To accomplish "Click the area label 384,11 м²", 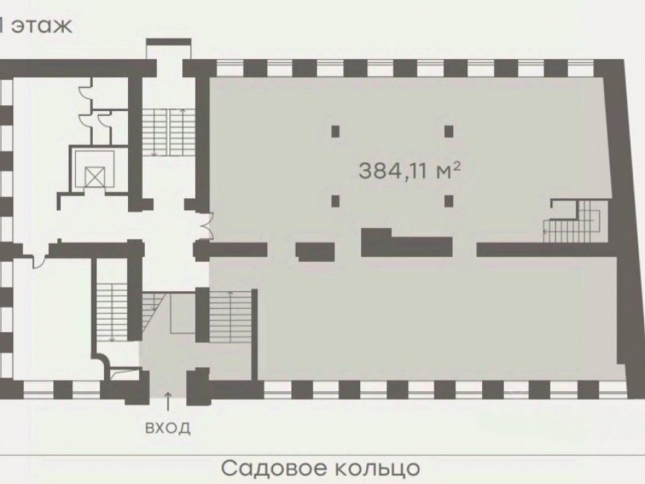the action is pos(410,170).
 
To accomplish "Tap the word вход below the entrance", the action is pos(168,428).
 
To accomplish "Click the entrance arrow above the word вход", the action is pos(168,401).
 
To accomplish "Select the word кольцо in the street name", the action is pos(377,469).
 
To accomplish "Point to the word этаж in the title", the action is pos(41,26).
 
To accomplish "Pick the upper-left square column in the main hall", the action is pos(335,131).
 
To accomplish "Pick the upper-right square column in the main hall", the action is pos(449,131).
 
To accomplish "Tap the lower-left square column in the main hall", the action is pos(335,201).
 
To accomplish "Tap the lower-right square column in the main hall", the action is pos(449,201).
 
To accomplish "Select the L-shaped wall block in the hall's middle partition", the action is pos(406,243).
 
